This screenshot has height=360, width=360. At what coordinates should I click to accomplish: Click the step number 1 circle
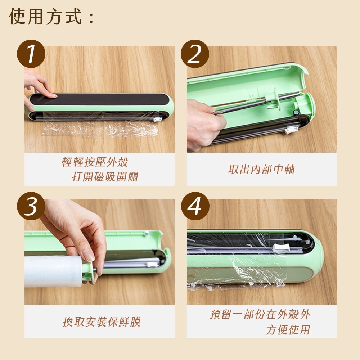31,54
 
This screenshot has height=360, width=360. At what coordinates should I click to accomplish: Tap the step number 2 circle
195,54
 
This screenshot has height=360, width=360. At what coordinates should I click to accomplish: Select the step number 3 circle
31,206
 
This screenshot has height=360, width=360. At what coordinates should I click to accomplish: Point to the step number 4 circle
195,206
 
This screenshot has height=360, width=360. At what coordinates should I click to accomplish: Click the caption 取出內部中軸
261,169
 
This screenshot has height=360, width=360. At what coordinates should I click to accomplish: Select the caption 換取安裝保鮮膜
102,321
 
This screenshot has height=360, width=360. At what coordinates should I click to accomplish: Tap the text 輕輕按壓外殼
95,162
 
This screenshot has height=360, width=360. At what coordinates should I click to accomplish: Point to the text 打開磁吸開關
105,177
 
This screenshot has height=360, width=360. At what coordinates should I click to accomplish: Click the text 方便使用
288,330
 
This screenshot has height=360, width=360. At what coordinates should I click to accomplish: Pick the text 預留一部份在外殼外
260,314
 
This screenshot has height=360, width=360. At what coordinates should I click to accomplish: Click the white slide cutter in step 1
158,119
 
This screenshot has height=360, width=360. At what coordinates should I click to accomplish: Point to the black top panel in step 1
99,99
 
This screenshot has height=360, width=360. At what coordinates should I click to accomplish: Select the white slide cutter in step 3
152,264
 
